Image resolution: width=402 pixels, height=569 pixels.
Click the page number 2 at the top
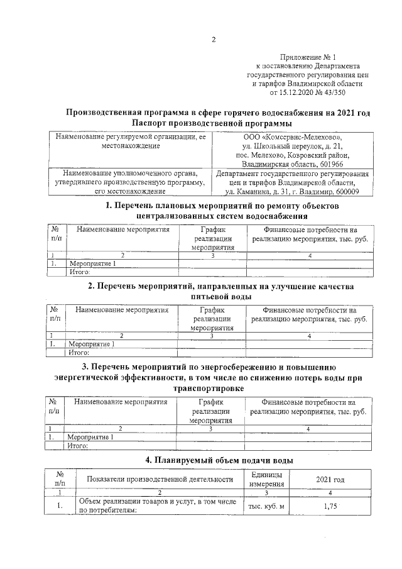click(x=213, y=40)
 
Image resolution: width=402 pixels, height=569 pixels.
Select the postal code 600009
click(x=346, y=191)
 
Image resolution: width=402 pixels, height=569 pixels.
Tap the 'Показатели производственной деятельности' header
click(x=160, y=479)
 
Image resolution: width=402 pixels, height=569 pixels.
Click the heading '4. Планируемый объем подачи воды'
click(x=212, y=460)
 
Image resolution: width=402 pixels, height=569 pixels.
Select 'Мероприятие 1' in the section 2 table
click(x=92, y=344)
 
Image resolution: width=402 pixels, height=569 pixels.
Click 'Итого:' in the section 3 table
click(x=78, y=446)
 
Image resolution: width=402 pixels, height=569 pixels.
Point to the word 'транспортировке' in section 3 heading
click(x=212, y=388)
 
